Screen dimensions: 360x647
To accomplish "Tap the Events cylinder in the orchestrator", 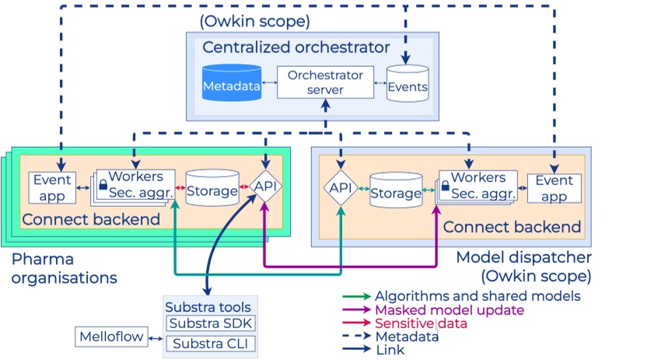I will point(407,85).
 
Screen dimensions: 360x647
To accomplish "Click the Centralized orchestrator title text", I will point(296,47).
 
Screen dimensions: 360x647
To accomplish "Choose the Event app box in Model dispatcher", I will point(554,187).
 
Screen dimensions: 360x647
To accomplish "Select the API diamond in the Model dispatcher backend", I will point(340,187).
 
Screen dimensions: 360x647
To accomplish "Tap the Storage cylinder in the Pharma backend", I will point(212,189).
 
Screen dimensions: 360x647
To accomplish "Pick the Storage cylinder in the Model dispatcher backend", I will point(396,191).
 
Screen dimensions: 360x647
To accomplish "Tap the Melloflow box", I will point(109,337).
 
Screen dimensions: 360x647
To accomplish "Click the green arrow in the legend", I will point(355,296).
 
